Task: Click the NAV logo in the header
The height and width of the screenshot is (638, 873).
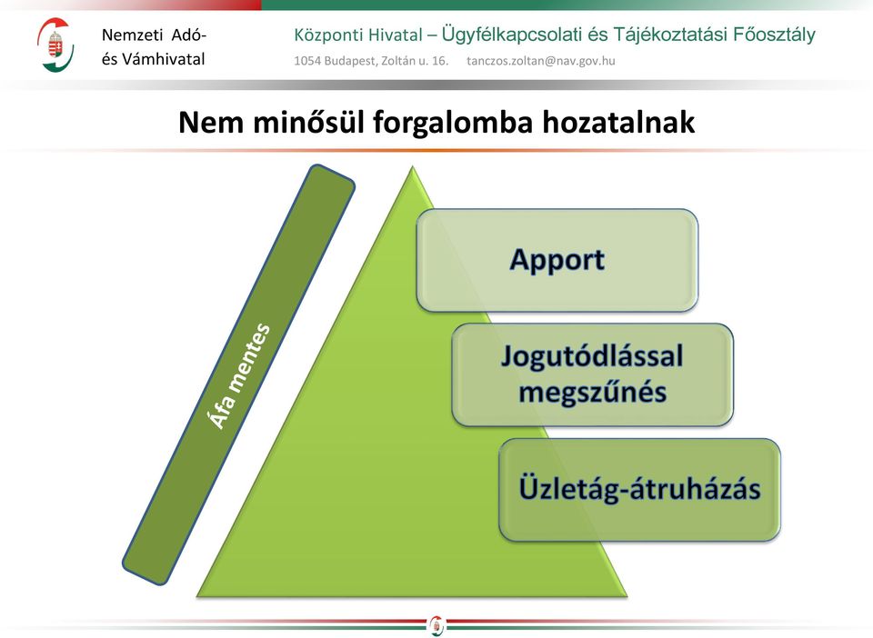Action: click(55, 45)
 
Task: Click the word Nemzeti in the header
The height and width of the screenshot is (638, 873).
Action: click(132, 35)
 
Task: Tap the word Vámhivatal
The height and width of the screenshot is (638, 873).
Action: click(163, 59)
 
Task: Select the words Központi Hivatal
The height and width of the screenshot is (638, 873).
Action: click(358, 35)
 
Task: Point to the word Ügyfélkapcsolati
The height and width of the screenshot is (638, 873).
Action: click(512, 35)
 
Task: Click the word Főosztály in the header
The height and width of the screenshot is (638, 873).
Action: click(774, 35)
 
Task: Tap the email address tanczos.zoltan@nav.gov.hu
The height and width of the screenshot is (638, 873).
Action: click(540, 61)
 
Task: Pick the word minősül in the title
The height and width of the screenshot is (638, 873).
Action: click(309, 122)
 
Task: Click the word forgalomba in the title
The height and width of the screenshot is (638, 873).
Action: click(453, 123)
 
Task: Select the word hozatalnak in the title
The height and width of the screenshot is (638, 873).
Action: click(618, 122)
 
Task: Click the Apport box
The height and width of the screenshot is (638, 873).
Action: click(557, 260)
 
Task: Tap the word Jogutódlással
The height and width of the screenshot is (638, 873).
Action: click(592, 356)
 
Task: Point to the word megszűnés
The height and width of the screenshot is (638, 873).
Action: click(592, 392)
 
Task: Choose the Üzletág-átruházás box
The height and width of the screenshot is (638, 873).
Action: click(639, 490)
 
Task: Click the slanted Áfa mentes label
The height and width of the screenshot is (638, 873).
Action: click(238, 375)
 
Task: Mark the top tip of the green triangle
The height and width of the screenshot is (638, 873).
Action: click(413, 166)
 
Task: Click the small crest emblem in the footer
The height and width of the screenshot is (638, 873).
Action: click(436, 625)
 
